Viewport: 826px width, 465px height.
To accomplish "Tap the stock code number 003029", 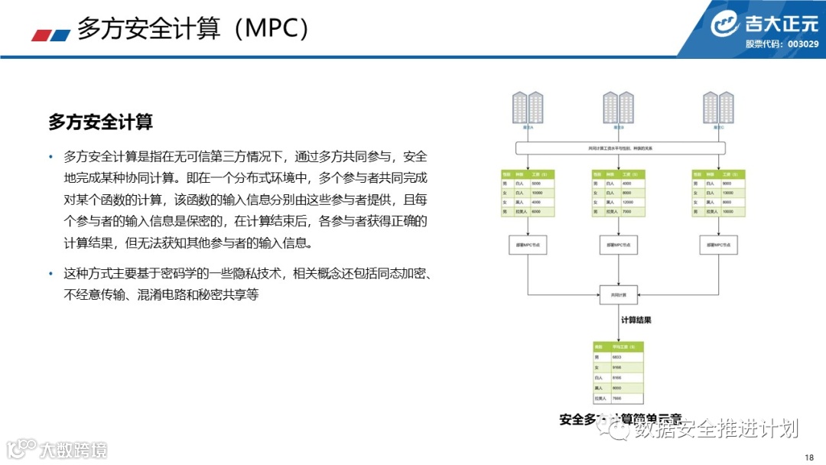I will (803, 44).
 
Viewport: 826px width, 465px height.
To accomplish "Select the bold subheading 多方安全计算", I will (100, 122).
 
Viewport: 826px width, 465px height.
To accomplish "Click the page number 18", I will (810, 457).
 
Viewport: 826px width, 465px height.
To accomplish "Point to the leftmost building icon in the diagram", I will (528, 108).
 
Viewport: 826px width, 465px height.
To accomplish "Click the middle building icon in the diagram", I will (618, 108).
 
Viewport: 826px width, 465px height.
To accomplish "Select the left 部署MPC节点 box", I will (528, 246).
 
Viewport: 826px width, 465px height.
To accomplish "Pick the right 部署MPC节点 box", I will (718, 246).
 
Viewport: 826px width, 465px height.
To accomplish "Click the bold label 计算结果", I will (636, 320).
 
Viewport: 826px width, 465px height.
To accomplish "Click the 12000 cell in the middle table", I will (629, 202).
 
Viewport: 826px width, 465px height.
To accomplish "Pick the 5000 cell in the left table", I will (536, 184).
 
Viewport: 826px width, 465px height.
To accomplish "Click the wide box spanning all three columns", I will (619, 147).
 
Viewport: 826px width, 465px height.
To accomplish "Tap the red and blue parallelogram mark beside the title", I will (51, 34).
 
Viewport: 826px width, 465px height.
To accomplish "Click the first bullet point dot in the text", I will (51, 158).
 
